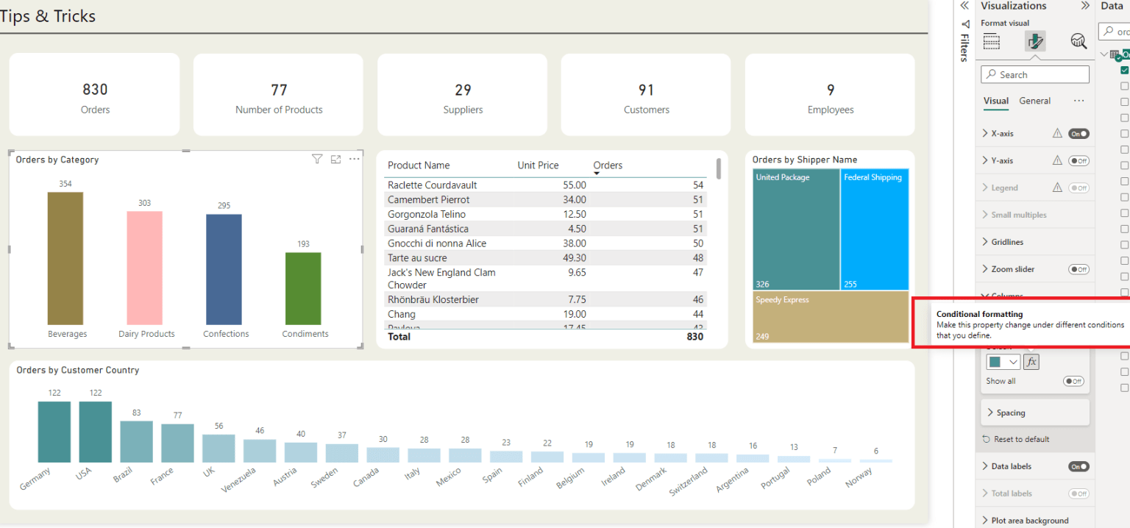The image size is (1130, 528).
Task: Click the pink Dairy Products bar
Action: click(145, 268)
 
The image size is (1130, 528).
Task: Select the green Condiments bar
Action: click(303, 288)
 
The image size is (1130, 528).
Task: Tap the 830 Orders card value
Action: click(95, 90)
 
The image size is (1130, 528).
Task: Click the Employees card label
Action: click(831, 110)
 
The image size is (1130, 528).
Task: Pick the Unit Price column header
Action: click(538, 165)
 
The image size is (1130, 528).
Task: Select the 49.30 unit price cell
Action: click(572, 258)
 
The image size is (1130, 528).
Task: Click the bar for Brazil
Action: click(137, 441)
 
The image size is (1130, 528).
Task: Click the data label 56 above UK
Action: click(218, 426)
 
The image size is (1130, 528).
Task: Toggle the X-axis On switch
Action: click(1079, 134)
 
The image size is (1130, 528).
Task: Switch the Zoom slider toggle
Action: click(1079, 270)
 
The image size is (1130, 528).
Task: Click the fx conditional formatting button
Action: click(1031, 362)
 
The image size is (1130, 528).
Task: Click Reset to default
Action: click(1021, 440)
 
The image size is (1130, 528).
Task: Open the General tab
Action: click(1034, 101)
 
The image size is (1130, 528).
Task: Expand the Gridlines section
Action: click(1006, 242)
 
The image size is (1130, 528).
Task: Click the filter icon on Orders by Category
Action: click(317, 160)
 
